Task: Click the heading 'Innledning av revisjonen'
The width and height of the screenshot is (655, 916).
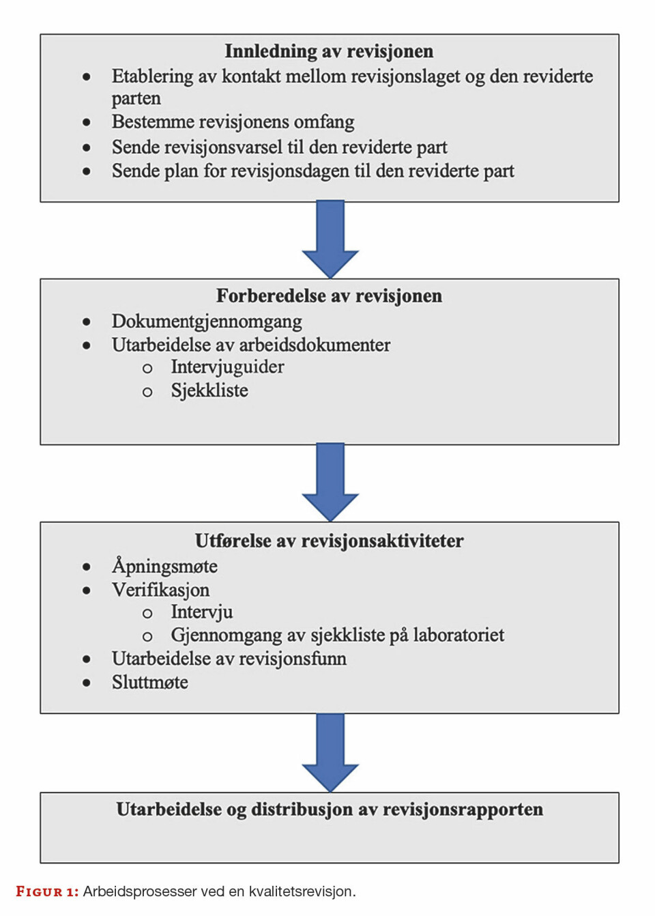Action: coord(329,51)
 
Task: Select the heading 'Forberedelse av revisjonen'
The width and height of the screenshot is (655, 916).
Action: coord(329,296)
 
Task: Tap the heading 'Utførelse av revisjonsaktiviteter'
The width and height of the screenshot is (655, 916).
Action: coord(329,541)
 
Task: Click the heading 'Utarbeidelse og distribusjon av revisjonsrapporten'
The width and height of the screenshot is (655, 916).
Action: coord(330,810)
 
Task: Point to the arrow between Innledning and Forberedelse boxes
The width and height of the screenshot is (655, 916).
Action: coord(330,239)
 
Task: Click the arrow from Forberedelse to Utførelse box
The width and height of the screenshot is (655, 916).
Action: coord(330,482)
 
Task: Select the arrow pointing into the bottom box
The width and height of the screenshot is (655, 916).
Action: coord(330,752)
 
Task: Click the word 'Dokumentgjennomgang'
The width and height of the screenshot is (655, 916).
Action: coord(207,321)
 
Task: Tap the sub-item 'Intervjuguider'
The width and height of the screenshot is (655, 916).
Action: coord(227,367)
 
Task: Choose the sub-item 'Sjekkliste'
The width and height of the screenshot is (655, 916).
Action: coord(209,390)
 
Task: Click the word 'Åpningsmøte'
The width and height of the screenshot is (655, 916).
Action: coord(164,566)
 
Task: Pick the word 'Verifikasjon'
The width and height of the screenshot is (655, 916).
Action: coord(160,590)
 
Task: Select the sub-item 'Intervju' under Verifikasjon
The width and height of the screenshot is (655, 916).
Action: coord(201,612)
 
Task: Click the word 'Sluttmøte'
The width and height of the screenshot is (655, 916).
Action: coord(150,683)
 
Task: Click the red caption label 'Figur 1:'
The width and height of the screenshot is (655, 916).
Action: coord(47,891)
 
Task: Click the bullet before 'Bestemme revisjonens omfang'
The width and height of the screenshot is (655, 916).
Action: coord(87,123)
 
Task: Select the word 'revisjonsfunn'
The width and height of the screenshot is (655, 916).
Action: coord(297,659)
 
